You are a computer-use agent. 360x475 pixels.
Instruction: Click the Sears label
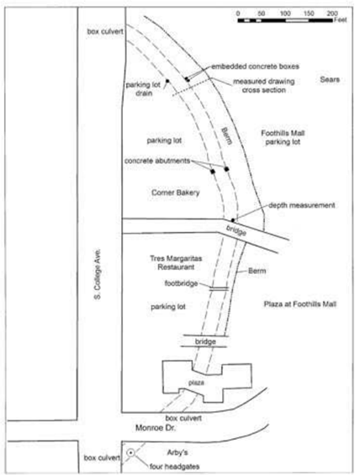(330, 79)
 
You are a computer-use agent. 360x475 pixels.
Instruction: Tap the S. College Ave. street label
(98, 274)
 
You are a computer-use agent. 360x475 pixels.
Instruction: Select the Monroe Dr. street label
(155, 428)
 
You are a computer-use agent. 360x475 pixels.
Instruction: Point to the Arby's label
(177, 452)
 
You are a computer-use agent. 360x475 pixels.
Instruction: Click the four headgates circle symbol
(130, 453)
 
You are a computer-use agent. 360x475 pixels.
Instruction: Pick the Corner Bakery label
(176, 193)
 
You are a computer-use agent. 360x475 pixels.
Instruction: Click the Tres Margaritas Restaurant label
(176, 262)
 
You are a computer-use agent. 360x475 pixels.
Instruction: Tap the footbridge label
(181, 283)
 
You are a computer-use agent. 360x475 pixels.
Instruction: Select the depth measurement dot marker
(233, 220)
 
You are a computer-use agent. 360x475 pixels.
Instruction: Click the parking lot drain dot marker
(167, 81)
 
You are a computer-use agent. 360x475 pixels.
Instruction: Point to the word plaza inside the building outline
(196, 383)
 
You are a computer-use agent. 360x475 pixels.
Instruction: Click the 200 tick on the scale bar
(332, 13)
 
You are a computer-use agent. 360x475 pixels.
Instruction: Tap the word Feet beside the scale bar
(341, 20)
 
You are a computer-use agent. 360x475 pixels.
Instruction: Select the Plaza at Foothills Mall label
(300, 303)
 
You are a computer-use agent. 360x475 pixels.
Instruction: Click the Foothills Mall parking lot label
(283, 137)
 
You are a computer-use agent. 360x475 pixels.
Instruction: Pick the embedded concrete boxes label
(255, 66)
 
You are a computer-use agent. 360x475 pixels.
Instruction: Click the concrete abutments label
(157, 161)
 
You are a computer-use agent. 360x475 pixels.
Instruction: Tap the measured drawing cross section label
(263, 86)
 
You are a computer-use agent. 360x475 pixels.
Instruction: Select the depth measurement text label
(302, 205)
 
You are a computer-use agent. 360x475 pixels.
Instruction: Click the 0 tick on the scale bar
(238, 13)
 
